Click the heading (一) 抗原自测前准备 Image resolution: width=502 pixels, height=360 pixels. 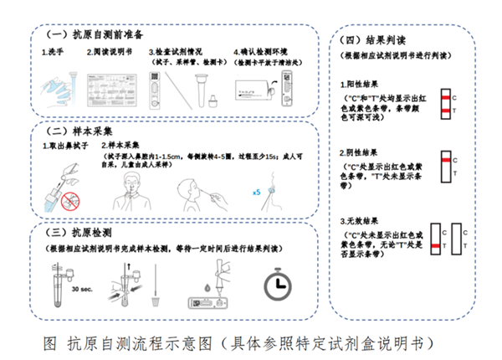tap(95, 35)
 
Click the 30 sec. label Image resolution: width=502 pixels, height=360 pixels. tap(83, 289)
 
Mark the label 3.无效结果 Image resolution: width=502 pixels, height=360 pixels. tap(366, 220)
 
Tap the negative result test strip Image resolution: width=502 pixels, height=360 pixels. tap(444, 166)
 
